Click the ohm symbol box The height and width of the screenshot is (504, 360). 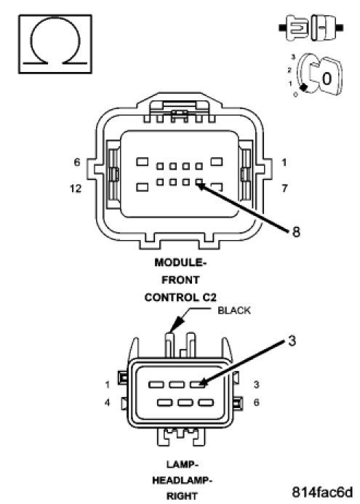coord(55,44)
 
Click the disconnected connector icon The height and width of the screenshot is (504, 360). coord(311,28)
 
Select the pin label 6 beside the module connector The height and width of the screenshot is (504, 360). coord(77,162)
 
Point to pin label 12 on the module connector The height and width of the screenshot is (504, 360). coord(76,188)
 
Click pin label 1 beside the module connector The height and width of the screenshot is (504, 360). coord(284,163)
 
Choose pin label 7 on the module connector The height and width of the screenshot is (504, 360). coord(284,188)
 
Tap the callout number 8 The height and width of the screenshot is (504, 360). coord(296,231)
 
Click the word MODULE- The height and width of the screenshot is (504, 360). coord(180,263)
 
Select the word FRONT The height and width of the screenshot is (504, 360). coord(180,280)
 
